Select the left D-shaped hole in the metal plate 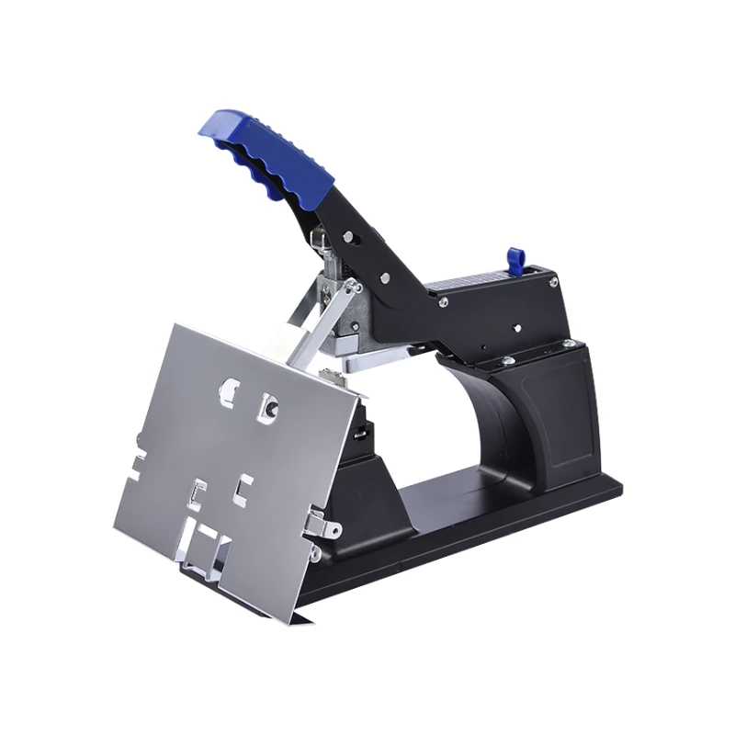227,393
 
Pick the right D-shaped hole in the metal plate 268,404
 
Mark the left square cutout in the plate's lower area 195,496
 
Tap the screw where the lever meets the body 444,301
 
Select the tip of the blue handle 206,125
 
